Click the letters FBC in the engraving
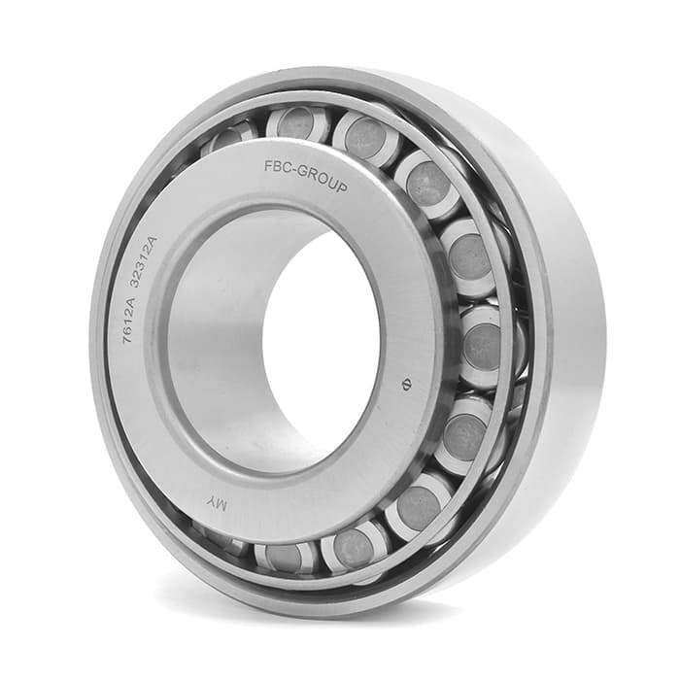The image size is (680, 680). tap(278, 167)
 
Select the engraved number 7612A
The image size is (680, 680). tap(130, 320)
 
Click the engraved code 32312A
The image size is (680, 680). tap(146, 263)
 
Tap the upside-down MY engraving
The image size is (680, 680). tap(217, 503)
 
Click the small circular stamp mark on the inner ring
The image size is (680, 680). tap(407, 385)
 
